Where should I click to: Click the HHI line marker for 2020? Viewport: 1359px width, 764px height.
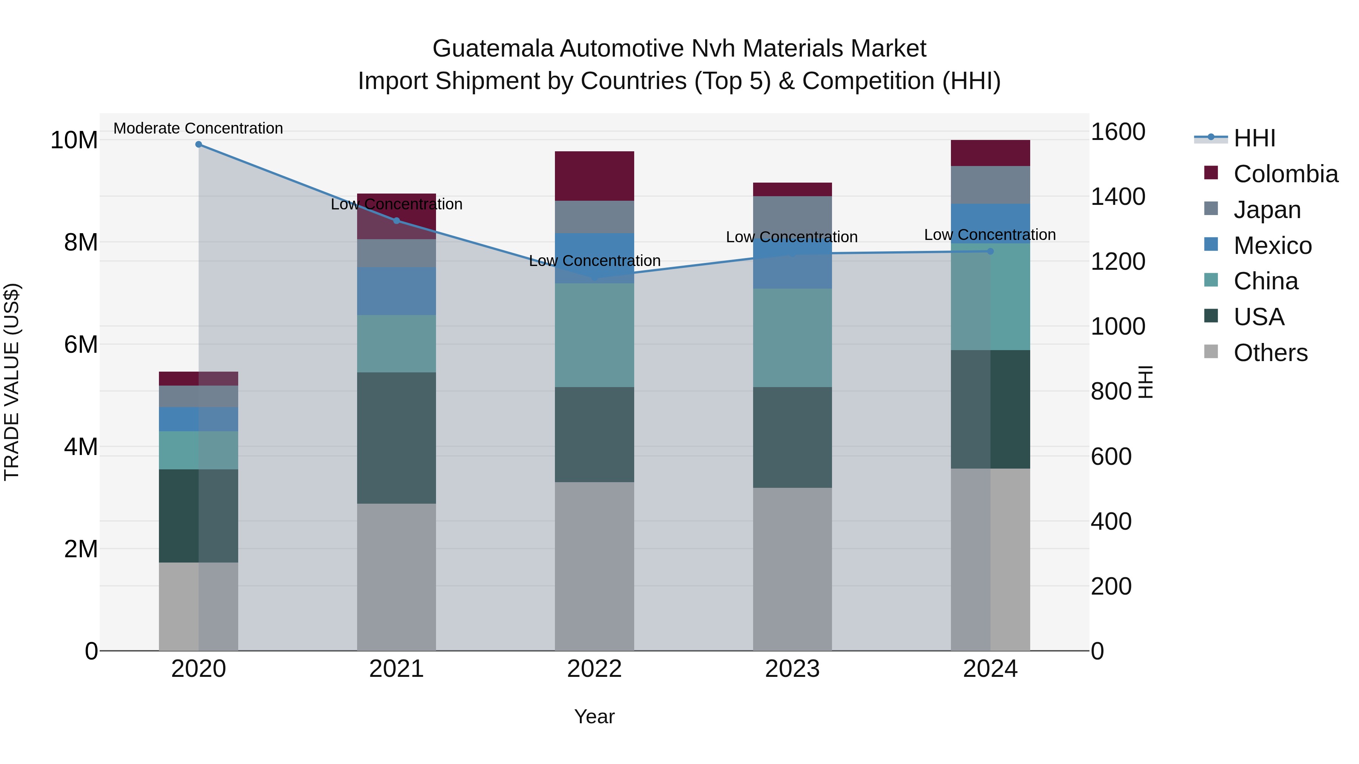(x=198, y=144)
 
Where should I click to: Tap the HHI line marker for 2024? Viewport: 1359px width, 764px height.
(x=990, y=252)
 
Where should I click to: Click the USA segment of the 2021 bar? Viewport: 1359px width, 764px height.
(x=396, y=438)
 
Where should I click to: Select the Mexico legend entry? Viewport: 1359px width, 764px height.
(x=1272, y=246)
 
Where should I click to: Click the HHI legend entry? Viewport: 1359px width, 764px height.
(x=1254, y=138)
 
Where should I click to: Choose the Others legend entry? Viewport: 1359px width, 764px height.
(x=1270, y=353)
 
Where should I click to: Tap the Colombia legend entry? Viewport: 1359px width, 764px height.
(x=1285, y=174)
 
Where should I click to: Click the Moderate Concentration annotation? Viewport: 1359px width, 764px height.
(x=198, y=128)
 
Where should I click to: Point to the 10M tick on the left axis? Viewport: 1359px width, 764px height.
(x=74, y=140)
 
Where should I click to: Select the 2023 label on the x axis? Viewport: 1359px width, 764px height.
(x=792, y=669)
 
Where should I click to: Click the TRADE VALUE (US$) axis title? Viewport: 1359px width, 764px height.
(x=12, y=382)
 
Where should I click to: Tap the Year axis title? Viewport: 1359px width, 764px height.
(x=594, y=716)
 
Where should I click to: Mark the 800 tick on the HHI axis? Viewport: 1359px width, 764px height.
(x=1111, y=391)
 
